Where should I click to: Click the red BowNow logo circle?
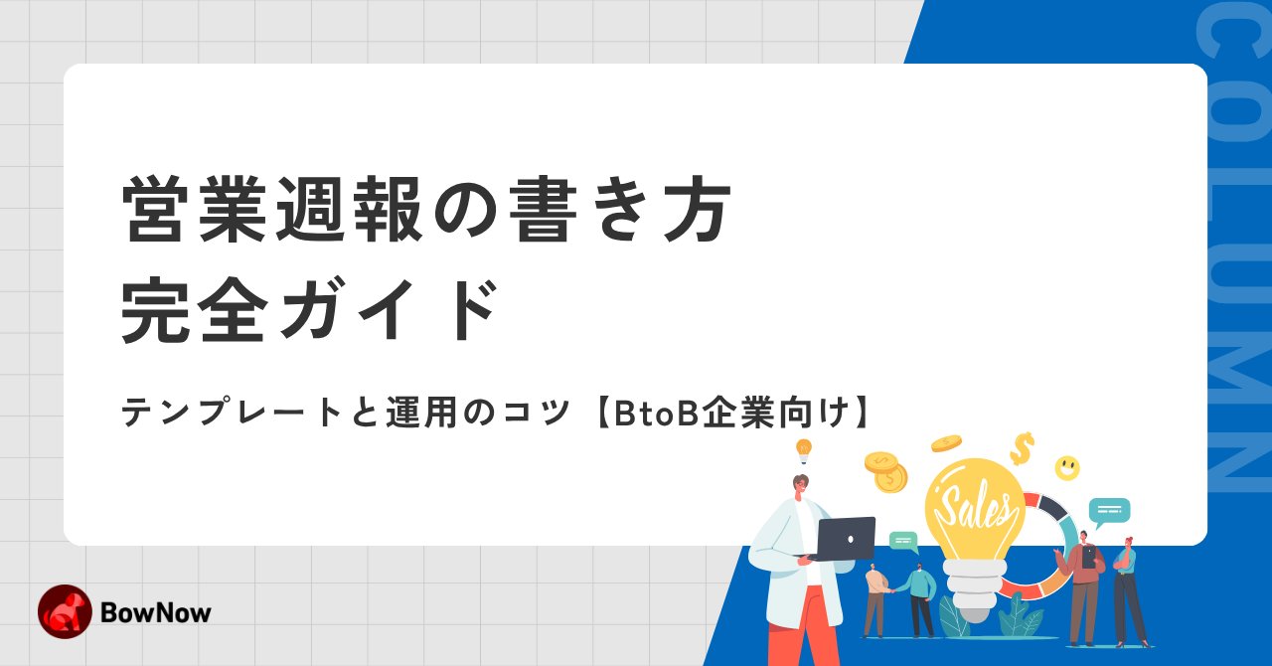65,611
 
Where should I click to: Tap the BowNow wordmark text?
156,612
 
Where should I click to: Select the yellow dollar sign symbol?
1022,448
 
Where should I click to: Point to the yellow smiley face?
1067,467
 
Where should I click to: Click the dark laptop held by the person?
844,539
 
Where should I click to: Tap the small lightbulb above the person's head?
803,449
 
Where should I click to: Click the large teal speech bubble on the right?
1109,511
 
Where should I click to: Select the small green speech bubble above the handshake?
902,541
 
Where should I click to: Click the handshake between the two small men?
893,588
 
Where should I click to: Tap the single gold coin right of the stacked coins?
946,443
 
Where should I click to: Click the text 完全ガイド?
309,311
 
